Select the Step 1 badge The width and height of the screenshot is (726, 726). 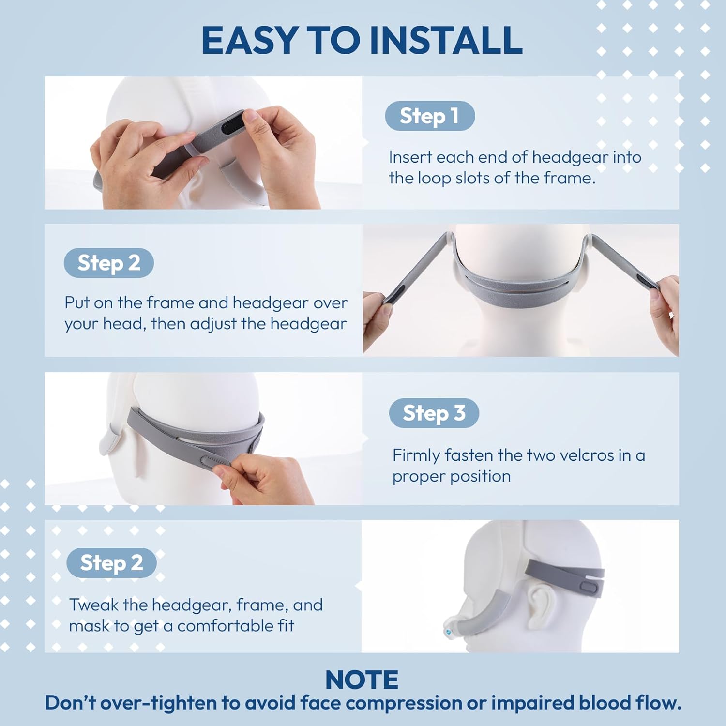point(429,116)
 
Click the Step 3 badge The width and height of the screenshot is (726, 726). point(434,413)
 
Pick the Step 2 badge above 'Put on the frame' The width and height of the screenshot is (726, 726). point(108,263)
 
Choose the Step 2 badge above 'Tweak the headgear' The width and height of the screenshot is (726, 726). point(111,563)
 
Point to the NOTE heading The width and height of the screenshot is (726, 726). point(362,680)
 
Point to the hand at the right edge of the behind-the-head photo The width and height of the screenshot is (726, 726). point(665,310)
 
